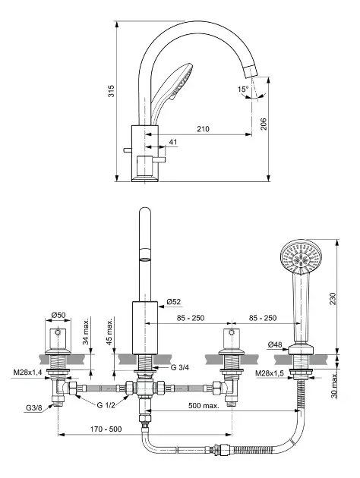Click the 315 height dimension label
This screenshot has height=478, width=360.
(112, 91)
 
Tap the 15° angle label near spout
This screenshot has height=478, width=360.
(243, 90)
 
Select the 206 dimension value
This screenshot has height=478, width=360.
(264, 124)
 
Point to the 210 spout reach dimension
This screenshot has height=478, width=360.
(203, 129)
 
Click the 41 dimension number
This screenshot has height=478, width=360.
(173, 142)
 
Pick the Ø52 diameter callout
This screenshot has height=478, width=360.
(174, 302)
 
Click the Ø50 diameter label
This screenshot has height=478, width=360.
(58, 315)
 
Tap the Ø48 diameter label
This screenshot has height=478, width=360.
(275, 344)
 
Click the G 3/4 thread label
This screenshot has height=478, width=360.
(180, 367)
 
